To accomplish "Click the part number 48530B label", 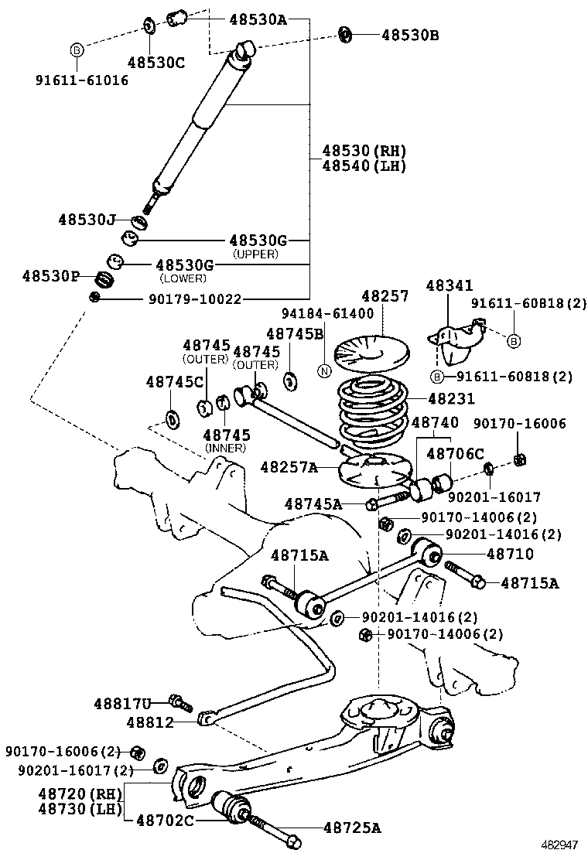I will click(410, 35).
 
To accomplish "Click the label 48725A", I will click(352, 828).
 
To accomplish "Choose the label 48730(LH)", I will click(80, 809).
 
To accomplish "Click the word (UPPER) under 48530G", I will click(255, 254).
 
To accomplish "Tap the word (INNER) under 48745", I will click(225, 448).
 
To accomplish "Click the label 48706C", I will click(455, 454).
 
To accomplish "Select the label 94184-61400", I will click(327, 313).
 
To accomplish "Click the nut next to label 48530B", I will click(346, 34).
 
